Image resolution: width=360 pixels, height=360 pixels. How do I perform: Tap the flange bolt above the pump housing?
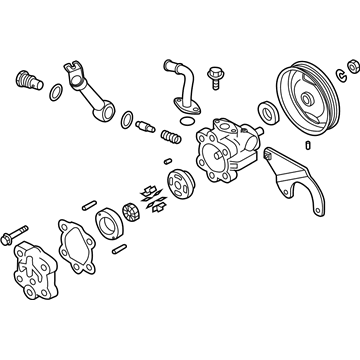[213, 74]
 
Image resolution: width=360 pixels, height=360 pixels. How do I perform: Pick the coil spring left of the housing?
[173, 137]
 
